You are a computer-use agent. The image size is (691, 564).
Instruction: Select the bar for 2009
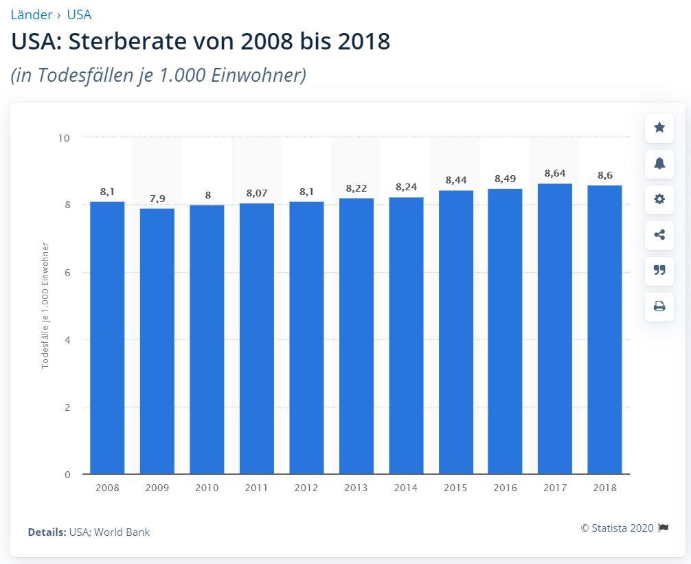pos(157,341)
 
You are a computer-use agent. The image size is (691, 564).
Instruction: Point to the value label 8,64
pos(555,174)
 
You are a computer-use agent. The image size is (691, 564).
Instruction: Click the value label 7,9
pos(157,199)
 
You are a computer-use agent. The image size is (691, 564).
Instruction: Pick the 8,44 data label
pos(455,180)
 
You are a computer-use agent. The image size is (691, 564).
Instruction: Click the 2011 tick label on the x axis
pos(257,488)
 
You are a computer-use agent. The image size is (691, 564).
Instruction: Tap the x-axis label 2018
pos(604,488)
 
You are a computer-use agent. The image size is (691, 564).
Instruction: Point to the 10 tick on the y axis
pos(65,138)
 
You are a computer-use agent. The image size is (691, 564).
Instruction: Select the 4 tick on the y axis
pos(67,340)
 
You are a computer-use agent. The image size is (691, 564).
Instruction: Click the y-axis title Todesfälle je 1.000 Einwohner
pos(45,306)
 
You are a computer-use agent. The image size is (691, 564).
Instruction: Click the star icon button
pos(659,128)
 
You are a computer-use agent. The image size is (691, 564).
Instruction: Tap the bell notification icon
pos(659,163)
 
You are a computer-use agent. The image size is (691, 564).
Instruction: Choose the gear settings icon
pos(659,199)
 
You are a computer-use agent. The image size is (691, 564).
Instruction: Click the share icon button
pos(659,235)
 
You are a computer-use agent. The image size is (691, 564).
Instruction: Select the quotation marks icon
pos(659,271)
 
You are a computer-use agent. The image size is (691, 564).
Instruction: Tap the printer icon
pos(659,306)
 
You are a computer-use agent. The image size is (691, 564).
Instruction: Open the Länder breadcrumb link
pos(32,14)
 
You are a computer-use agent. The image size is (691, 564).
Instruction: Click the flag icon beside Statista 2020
pos(664,528)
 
